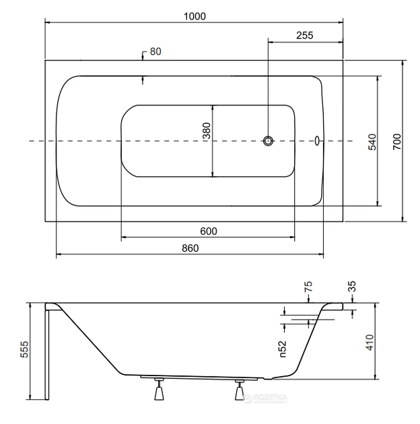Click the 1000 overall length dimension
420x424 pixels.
[x=195, y=15]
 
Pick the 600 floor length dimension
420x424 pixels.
[x=209, y=231]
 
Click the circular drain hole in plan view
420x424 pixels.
[x=269, y=141]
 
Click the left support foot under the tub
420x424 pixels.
[x=160, y=391]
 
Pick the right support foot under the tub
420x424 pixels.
[x=238, y=391]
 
